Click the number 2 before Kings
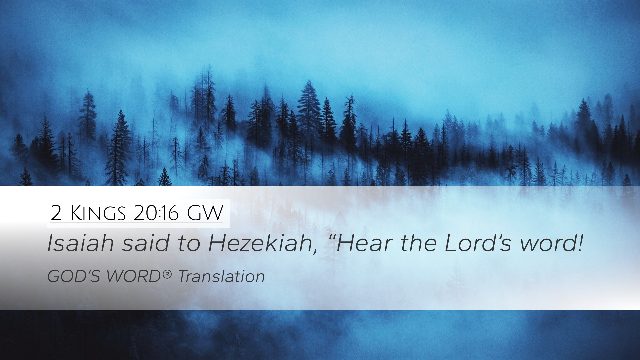pos(56,213)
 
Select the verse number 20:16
pos(156,213)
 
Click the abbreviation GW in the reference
pos(205,213)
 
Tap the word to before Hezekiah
pos(189,244)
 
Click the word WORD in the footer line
pos(134,276)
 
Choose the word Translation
pos(221,276)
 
